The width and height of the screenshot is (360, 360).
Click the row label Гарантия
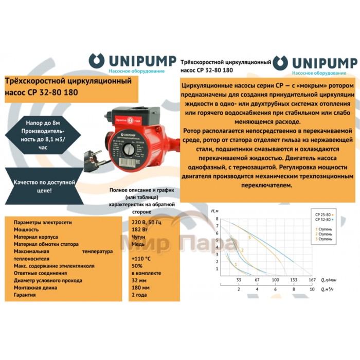point(25,296)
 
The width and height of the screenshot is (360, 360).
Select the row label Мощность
point(27,229)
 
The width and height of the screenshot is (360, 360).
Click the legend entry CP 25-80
point(323,214)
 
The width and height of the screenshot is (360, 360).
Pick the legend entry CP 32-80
point(323,220)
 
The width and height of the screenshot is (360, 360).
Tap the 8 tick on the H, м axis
point(218,219)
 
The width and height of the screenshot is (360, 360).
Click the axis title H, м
point(215,211)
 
